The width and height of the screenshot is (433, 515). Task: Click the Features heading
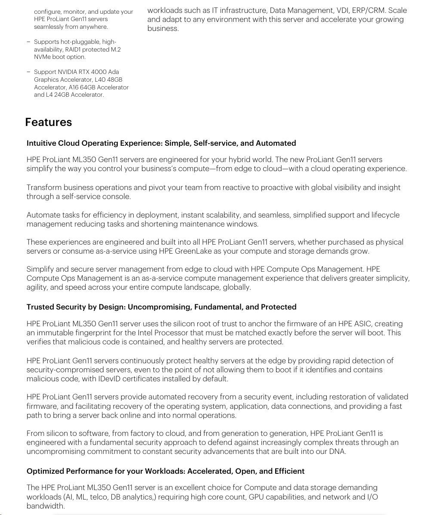point(48,122)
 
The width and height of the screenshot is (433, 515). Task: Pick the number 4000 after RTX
point(99,72)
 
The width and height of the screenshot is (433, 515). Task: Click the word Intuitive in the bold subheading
point(41,143)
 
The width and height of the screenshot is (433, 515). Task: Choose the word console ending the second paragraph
point(116,196)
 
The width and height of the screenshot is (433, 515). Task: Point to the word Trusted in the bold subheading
point(40,307)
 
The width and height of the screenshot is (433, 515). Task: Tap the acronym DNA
point(338,451)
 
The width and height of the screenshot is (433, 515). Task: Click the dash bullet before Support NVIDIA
point(28,72)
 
